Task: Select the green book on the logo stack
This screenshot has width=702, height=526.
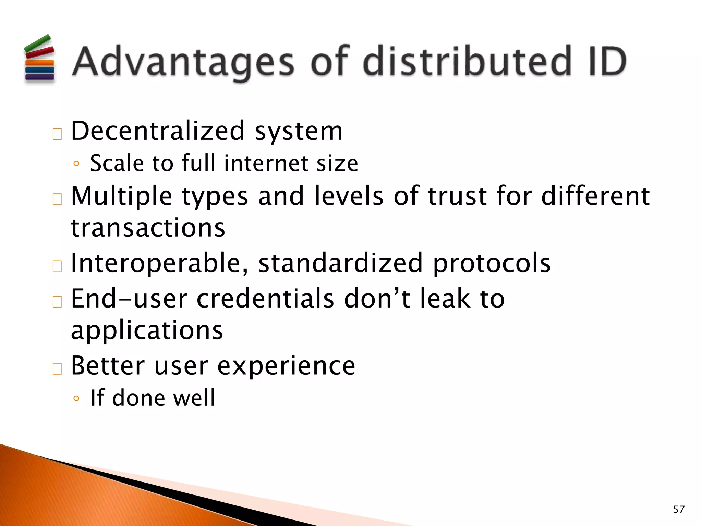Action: point(37,43)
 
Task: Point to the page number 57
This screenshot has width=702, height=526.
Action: point(679,509)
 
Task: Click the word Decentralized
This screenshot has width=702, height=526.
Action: point(158,131)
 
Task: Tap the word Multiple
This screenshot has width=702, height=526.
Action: point(121,197)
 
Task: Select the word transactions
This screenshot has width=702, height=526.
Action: point(148,228)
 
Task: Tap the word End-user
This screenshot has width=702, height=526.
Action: point(129,299)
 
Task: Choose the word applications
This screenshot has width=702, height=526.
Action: point(147,331)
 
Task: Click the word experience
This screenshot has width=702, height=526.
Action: point(286,366)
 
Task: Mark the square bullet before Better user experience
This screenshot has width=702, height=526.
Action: point(57,369)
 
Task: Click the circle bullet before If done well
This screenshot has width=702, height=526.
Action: point(76,398)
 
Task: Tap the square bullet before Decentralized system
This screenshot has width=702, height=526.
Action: point(57,134)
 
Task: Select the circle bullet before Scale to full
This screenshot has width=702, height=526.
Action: point(76,164)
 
